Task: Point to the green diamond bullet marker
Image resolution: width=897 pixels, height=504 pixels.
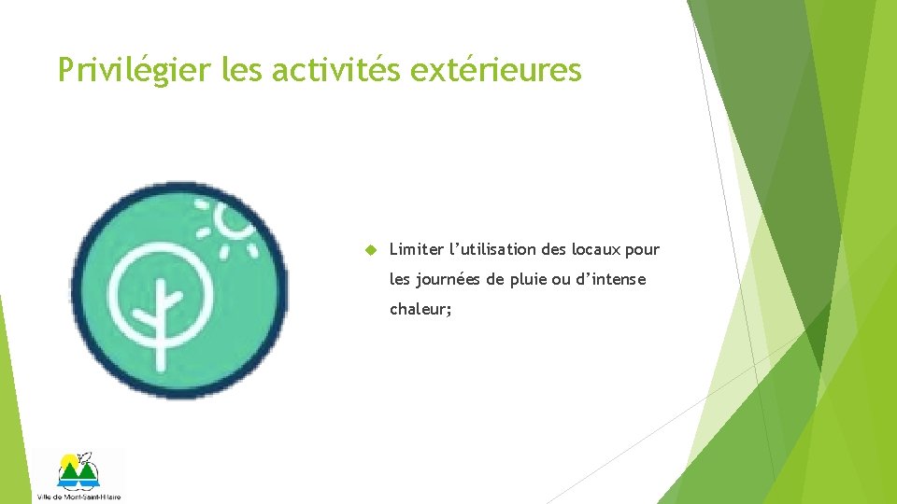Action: (369, 250)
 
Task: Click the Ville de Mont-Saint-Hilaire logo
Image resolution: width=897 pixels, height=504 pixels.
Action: (78, 471)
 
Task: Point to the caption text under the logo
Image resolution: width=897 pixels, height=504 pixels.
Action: (78, 497)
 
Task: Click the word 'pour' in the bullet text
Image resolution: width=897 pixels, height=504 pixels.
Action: (643, 250)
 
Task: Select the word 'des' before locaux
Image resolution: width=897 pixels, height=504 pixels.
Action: (554, 250)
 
